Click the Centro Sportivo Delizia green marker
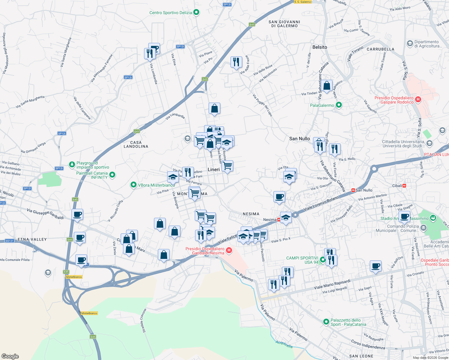click(x=196, y=12)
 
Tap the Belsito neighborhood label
click(x=320, y=47)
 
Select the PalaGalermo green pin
click(x=339, y=105)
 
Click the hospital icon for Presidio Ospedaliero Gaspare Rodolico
click(x=418, y=99)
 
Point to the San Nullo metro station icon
click(x=353, y=190)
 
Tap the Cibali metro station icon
click(x=404, y=186)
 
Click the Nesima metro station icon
click(x=279, y=220)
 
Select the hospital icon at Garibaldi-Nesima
click(x=229, y=250)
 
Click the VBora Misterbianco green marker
click(x=134, y=185)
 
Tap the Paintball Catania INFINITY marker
click(x=112, y=175)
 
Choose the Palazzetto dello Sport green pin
click(x=326, y=322)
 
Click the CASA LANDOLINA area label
click(x=136, y=144)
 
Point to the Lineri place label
click(x=214, y=169)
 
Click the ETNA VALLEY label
click(x=32, y=239)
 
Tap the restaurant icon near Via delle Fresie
click(x=236, y=62)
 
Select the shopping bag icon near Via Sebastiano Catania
click(x=327, y=85)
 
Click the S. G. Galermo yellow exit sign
click(x=303, y=2)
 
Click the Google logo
click(x=10, y=356)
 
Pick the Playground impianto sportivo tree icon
click(x=72, y=164)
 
